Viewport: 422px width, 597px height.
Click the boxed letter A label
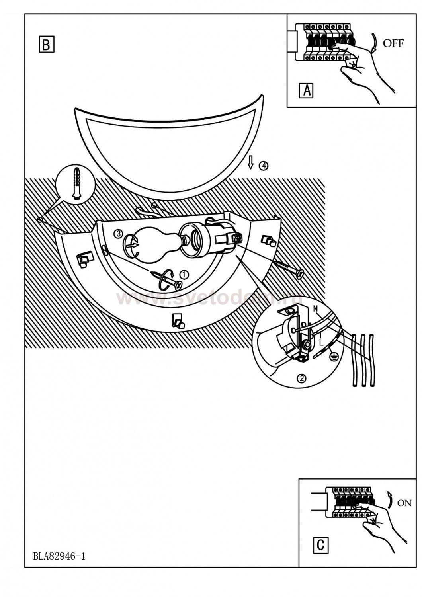[x=306, y=90]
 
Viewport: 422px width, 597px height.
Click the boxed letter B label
[x=46, y=45]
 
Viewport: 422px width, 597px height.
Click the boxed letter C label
[x=320, y=544]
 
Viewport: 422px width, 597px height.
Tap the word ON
[x=404, y=503]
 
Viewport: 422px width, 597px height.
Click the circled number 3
[x=118, y=234]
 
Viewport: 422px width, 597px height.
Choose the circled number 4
[x=263, y=166]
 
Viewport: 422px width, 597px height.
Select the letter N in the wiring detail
[x=316, y=308]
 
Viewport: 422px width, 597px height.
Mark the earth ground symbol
[x=333, y=357]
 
